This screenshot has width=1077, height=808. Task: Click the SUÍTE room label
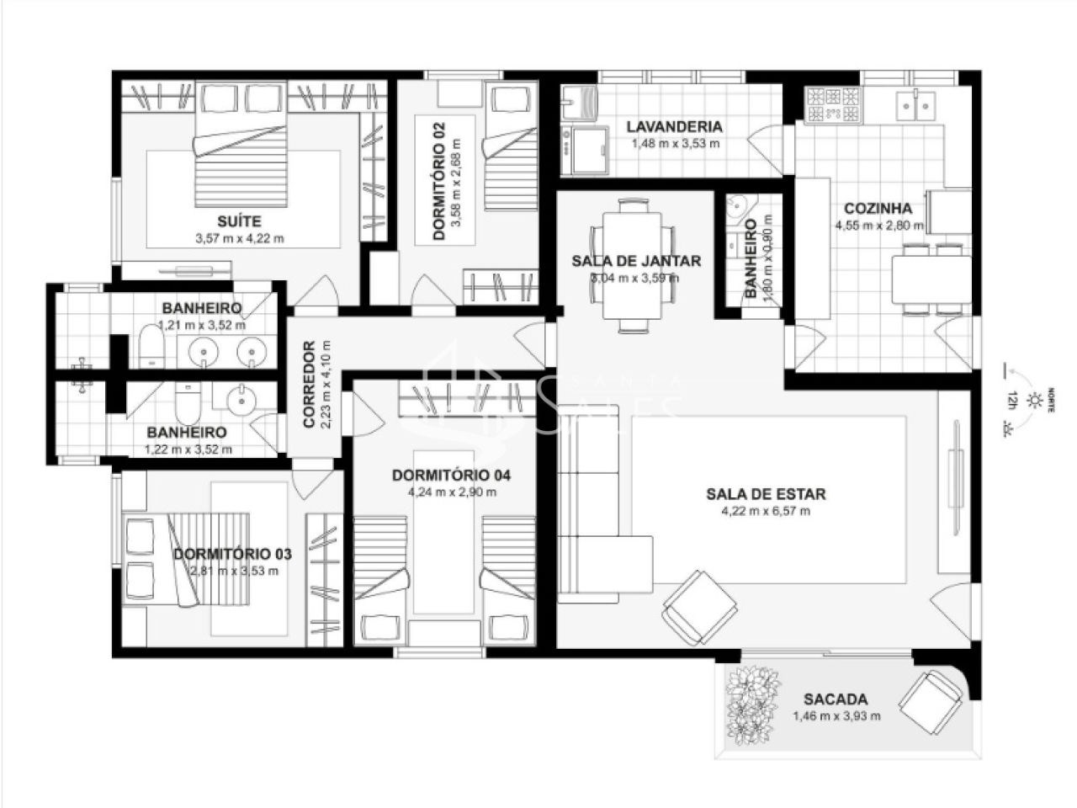pos(238,221)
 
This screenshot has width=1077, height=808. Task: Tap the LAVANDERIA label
pos(675,127)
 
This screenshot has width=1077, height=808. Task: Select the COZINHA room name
pos(878,209)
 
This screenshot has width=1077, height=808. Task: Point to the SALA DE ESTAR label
pos(766,494)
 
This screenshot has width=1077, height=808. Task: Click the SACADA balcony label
pos(835,699)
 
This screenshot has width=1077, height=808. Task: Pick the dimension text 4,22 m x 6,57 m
pos(766,511)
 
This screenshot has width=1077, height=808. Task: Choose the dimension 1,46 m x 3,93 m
pos(836,716)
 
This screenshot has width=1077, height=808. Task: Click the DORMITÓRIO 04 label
pos(452,476)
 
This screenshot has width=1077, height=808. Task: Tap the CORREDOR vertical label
pos(309,385)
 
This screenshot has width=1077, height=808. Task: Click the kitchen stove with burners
pos(833,104)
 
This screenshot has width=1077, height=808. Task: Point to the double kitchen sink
pos(915,104)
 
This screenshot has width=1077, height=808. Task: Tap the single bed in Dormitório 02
pos(510,151)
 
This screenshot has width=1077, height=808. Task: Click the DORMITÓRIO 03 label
pos(232,554)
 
